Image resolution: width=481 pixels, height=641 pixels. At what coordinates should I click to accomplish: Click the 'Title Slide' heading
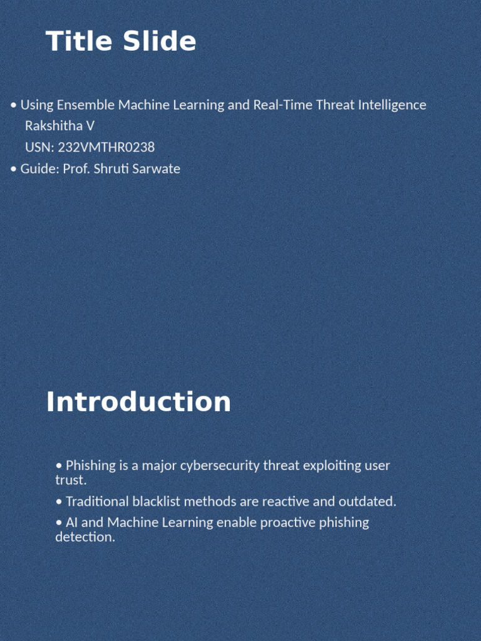pyautogui.click(x=121, y=42)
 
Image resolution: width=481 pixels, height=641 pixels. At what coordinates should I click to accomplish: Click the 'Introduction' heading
pyautogui.click(x=138, y=402)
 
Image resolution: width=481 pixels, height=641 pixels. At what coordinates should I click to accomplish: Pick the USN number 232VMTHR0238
pyautogui.click(x=106, y=147)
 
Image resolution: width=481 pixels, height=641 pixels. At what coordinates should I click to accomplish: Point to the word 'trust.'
pyautogui.click(x=71, y=480)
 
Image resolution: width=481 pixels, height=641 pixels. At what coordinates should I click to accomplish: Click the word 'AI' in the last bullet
pyautogui.click(x=72, y=522)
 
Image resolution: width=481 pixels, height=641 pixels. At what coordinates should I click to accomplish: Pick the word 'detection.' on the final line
pyautogui.click(x=85, y=537)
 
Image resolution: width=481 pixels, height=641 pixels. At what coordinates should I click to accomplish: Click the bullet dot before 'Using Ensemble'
pyautogui.click(x=14, y=105)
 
